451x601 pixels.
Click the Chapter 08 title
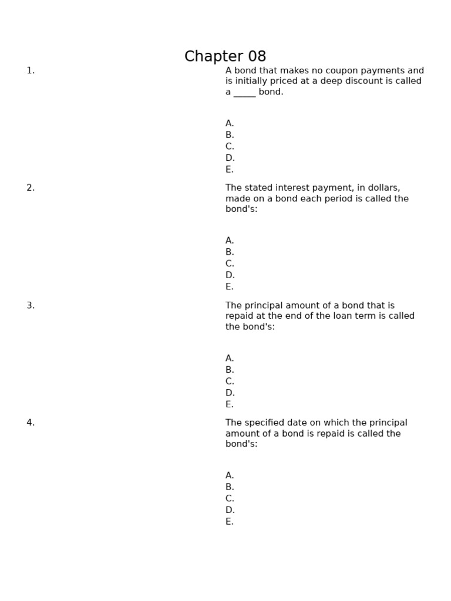point(225,57)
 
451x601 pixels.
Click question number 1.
point(31,71)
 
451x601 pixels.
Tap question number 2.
point(31,188)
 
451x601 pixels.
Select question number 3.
point(31,305)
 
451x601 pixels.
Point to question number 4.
point(31,423)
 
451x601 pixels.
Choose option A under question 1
point(230,123)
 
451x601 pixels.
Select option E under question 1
point(230,170)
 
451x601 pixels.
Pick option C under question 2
point(230,264)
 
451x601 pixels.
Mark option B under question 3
point(230,370)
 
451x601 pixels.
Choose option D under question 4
point(230,510)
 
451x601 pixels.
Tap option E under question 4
point(230,522)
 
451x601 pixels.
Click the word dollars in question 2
point(383,188)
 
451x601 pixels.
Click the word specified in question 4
point(265,423)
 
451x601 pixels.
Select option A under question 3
point(230,358)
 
